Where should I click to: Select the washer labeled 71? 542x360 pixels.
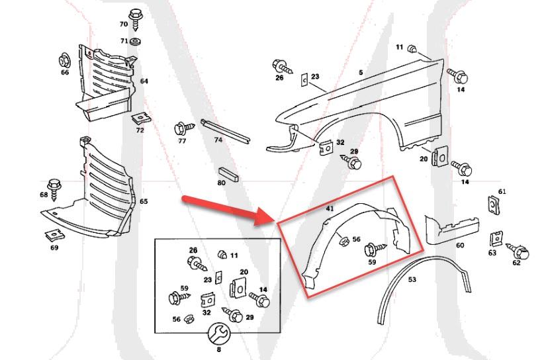136,41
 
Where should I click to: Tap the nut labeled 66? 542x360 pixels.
64,59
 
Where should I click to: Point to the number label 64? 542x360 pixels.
144,81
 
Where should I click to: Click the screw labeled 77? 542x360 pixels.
182,127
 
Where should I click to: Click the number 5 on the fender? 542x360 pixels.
361,71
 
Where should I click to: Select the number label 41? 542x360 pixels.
330,208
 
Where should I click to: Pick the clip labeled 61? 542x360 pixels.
492,204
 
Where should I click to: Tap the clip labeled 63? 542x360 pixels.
494,238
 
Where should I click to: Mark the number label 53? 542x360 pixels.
412,280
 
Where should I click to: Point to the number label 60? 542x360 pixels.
460,245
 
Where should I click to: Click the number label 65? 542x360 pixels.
144,201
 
